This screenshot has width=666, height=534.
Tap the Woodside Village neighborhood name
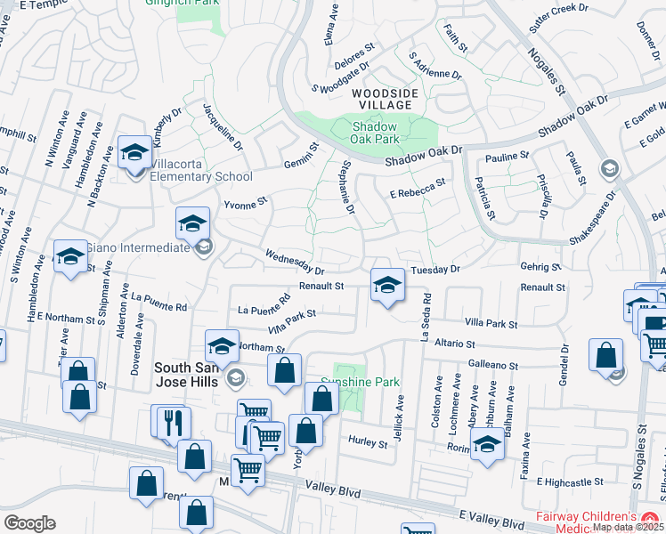[x=382, y=99]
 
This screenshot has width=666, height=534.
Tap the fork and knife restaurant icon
[x=173, y=422]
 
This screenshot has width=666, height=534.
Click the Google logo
[x=29, y=523]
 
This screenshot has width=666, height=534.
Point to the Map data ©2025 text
[x=627, y=527]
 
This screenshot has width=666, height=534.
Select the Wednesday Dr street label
[x=295, y=262]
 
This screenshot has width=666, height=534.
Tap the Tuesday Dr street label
[x=435, y=269]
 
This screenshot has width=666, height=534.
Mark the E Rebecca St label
[x=417, y=187]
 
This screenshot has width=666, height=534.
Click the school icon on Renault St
[x=386, y=286]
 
